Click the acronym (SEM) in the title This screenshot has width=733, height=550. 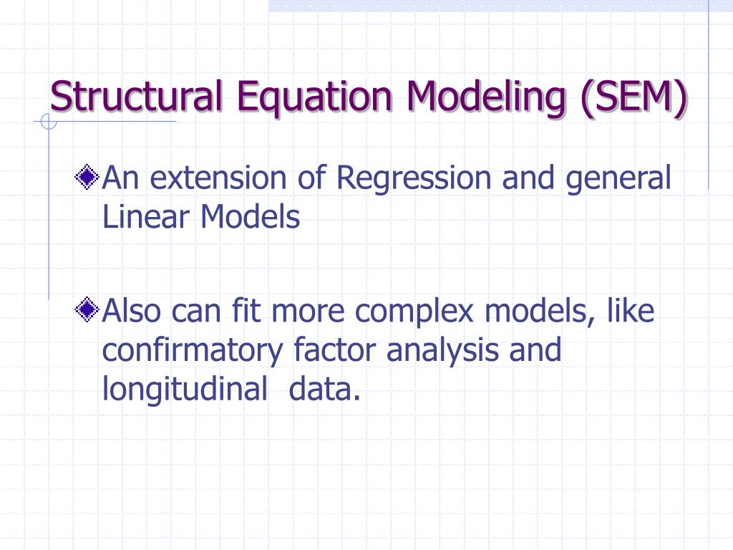(633, 96)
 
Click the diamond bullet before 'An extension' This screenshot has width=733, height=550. (87, 177)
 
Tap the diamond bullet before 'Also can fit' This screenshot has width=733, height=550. (87, 310)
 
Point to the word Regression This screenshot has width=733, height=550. (414, 178)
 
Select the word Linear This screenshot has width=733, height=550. (147, 216)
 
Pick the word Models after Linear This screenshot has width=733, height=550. (250, 216)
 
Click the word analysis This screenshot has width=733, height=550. (443, 350)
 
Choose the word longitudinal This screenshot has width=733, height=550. (184, 389)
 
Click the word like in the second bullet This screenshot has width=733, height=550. (631, 312)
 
